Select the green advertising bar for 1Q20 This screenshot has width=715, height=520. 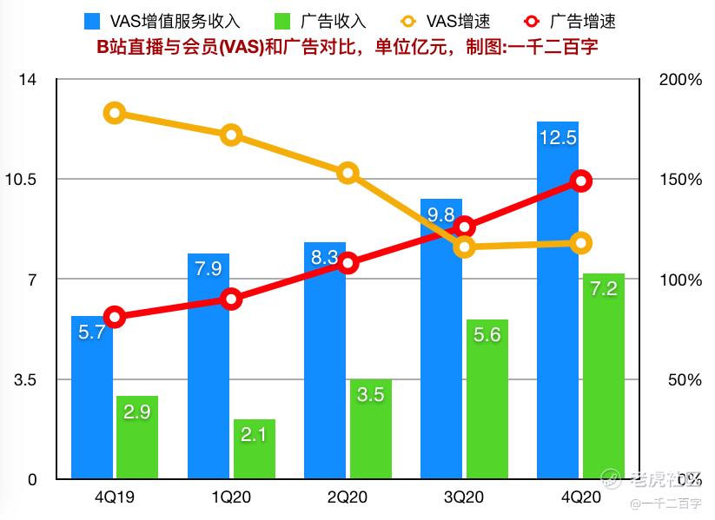tap(255, 450)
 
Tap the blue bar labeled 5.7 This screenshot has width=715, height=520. tap(91, 399)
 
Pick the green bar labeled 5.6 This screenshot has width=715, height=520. tap(487, 399)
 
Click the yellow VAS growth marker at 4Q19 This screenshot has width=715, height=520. tap(114, 113)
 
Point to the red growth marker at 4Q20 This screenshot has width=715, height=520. tap(581, 181)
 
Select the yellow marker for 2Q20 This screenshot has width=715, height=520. tap(348, 173)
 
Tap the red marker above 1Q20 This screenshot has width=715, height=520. tap(231, 299)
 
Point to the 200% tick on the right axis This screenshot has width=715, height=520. tap(680, 80)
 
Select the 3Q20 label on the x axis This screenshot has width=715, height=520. tap(464, 498)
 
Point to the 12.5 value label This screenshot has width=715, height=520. tap(558, 137)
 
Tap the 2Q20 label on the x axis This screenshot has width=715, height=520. tap(348, 498)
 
